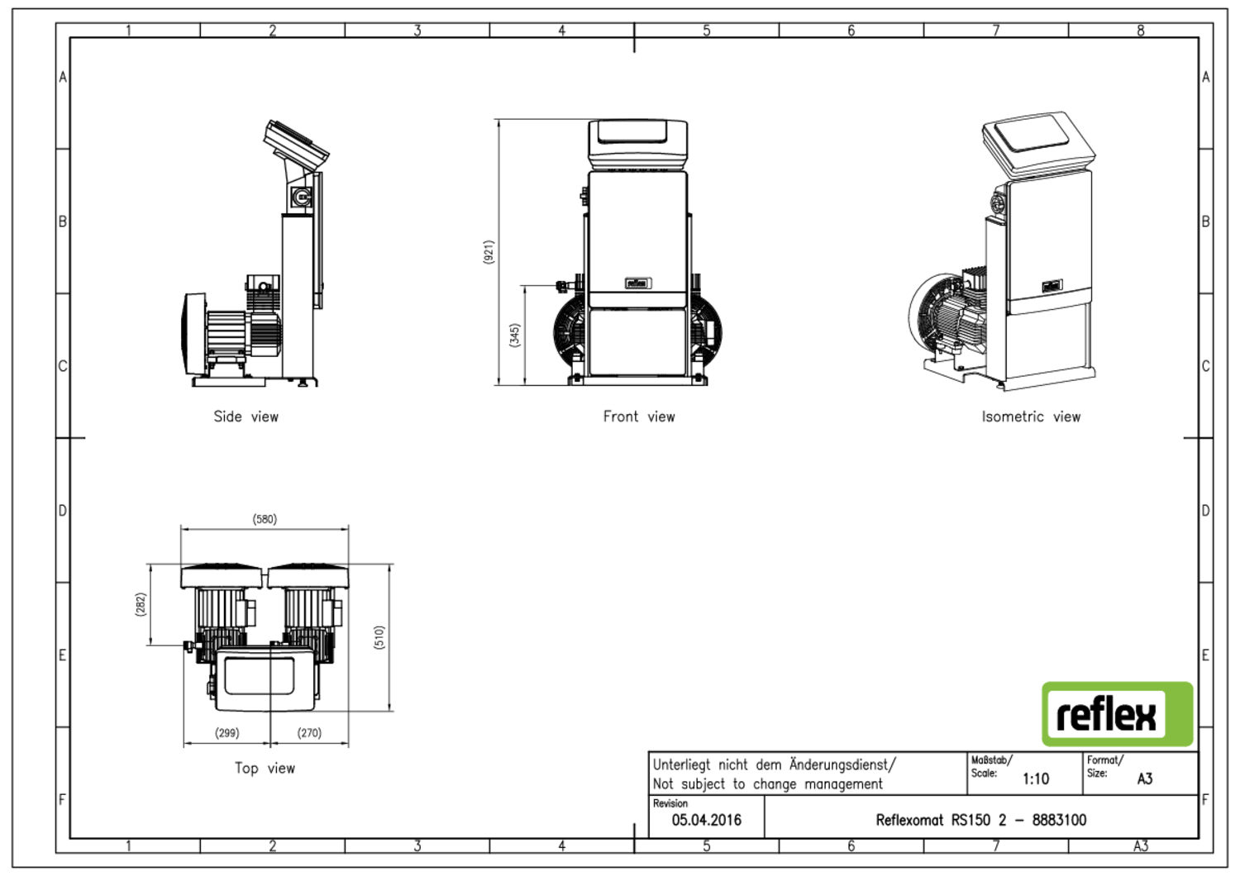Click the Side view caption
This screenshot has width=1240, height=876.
point(246,417)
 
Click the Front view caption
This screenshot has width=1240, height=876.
point(638,417)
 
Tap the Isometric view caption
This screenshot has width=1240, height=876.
point(1030,417)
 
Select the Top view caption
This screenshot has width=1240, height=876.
point(265,768)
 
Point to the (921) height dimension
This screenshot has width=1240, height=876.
point(489,252)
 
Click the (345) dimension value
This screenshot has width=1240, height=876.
point(514,335)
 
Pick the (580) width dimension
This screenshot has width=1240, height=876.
point(265,519)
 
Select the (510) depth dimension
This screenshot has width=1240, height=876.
point(379,637)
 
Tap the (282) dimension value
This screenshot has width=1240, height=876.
point(141,604)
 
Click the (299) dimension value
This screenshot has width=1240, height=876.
point(227,732)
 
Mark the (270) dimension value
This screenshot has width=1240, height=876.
point(309,732)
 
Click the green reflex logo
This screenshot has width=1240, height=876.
point(1117,714)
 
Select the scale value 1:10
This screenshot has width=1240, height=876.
point(1035,778)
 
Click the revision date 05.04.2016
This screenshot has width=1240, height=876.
point(706,820)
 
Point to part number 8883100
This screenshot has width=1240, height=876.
point(1059,820)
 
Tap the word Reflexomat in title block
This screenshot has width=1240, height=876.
point(909,820)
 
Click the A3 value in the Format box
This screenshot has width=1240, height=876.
point(1144,778)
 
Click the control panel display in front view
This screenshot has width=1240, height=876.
point(637,133)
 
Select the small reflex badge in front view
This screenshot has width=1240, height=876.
point(637,283)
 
